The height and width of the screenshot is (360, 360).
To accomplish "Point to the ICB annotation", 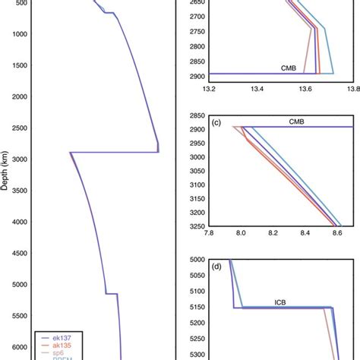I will [x=283, y=302].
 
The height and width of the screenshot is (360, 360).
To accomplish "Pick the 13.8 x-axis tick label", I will [x=352, y=87].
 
